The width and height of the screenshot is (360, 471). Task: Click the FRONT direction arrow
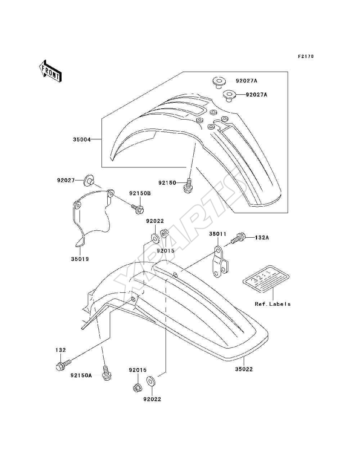tap(50, 71)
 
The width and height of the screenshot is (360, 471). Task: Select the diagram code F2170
tap(306, 57)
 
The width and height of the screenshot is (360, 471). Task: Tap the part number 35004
tap(82, 139)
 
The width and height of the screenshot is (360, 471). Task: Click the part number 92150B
tap(140, 193)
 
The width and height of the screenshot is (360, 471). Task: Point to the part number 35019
tap(80, 259)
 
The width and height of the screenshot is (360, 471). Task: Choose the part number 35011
tap(218, 234)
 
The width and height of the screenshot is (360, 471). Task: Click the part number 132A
tap(262, 238)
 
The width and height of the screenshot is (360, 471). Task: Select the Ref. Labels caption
tap(273, 304)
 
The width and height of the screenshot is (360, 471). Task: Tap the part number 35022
tap(244, 369)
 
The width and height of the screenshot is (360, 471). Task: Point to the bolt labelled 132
tap(63, 365)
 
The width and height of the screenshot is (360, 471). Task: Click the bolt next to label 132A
tap(238, 238)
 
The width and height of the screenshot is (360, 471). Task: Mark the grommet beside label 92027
tap(89, 181)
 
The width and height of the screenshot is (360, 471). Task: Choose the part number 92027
tap(66, 180)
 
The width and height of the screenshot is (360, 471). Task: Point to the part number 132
tap(61, 350)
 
